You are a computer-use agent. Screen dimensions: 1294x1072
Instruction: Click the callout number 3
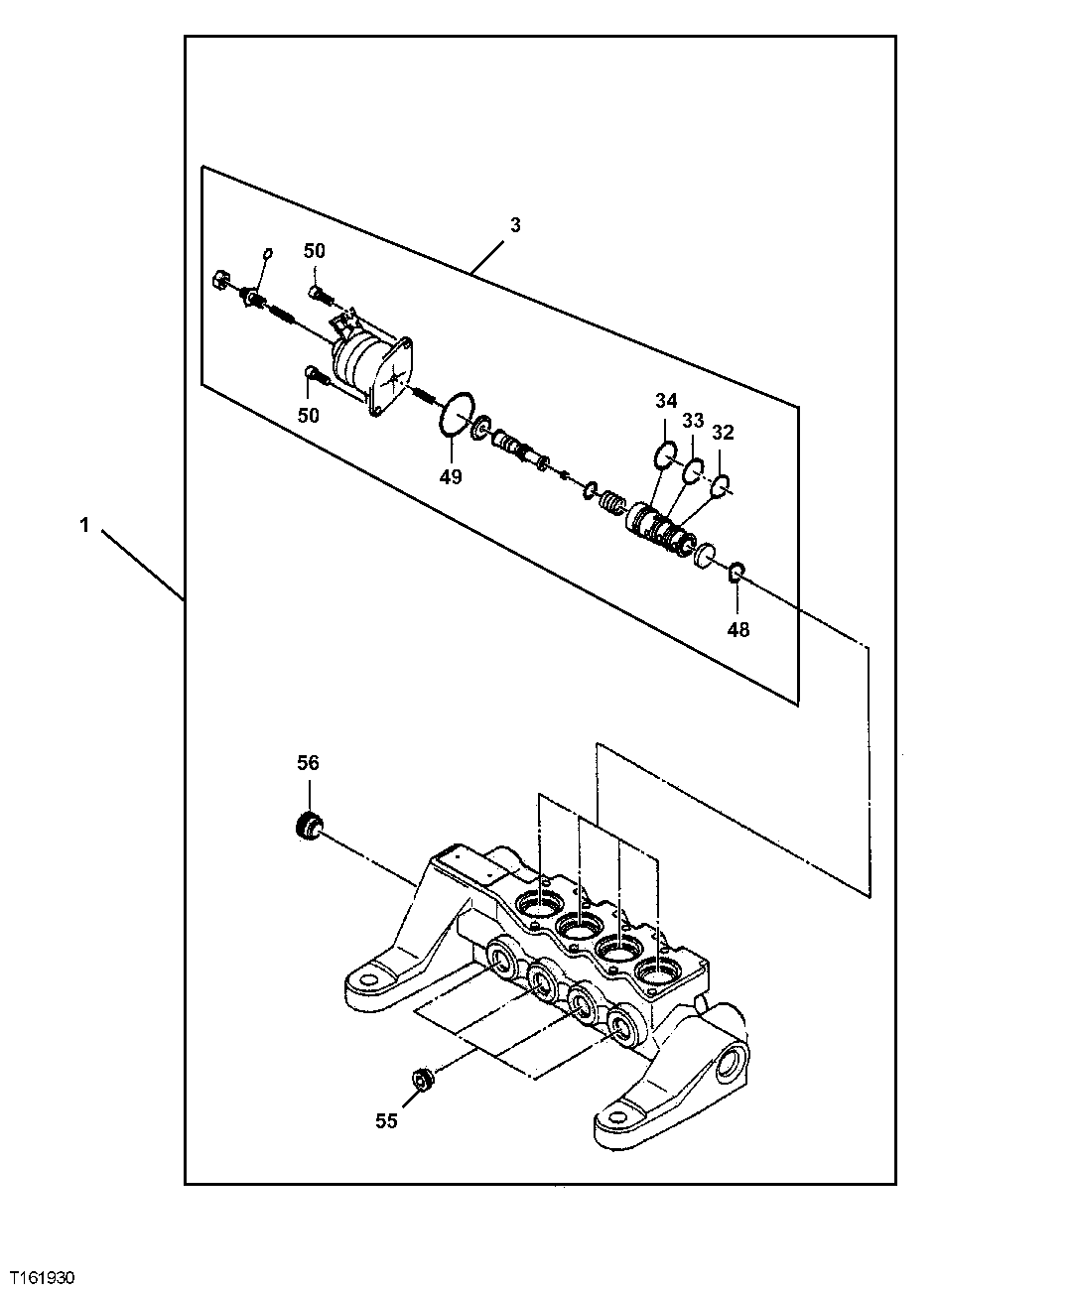pos(514,225)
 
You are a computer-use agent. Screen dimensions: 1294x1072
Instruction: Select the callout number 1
pos(85,526)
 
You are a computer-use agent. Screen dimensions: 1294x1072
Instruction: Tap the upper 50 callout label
pos(315,252)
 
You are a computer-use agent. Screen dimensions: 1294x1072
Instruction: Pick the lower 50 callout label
pos(309,415)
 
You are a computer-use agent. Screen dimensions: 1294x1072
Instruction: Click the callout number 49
pos(451,476)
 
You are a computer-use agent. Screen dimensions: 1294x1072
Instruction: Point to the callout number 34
pos(665,401)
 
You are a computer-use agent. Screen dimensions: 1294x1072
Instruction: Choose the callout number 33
pos(693,421)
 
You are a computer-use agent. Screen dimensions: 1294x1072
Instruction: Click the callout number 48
pos(738,629)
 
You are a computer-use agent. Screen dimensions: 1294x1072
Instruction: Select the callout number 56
pos(309,762)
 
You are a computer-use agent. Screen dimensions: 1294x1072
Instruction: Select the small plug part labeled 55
pos(421,1078)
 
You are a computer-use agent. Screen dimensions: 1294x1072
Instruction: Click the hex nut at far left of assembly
pos(220,281)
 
